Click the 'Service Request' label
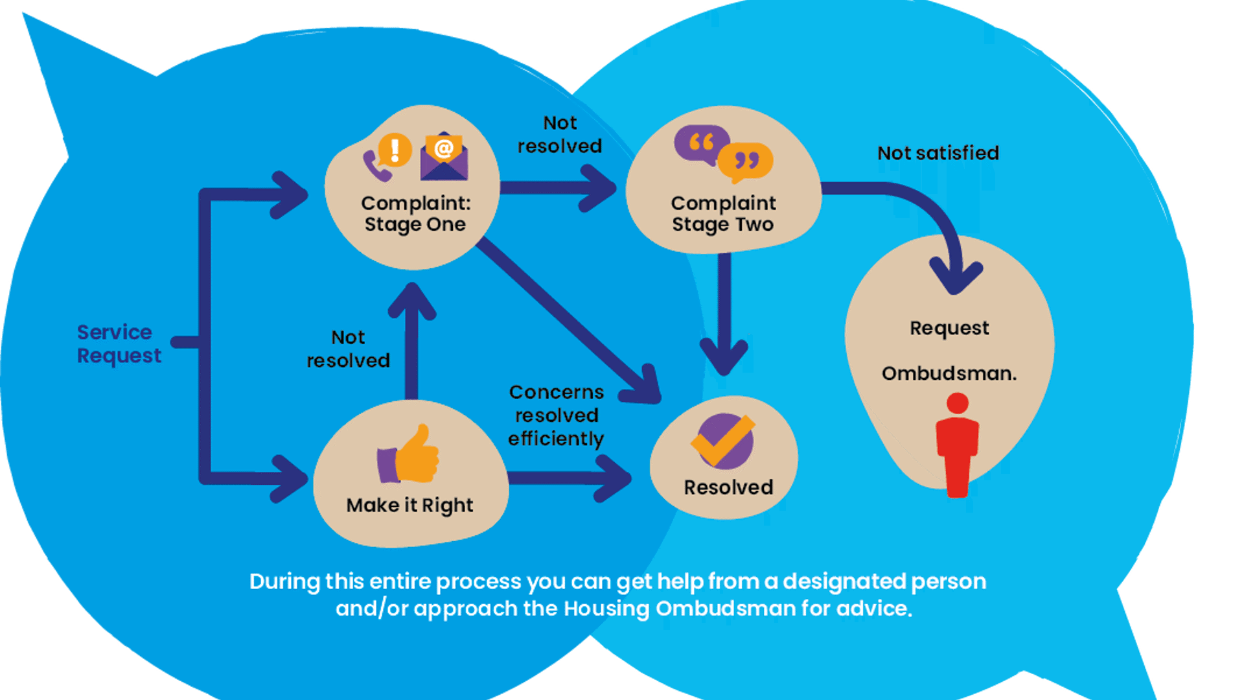pyautogui.click(x=119, y=344)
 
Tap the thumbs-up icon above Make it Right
pyautogui.click(x=408, y=454)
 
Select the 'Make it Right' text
pyautogui.click(x=409, y=505)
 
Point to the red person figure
pyautogui.click(x=958, y=445)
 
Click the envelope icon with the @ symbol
pyautogui.click(x=444, y=157)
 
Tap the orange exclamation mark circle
pyautogui.click(x=395, y=150)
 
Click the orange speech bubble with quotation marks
pyautogui.click(x=745, y=162)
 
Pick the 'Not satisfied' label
pyautogui.click(x=938, y=153)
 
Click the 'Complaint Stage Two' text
pyautogui.click(x=723, y=213)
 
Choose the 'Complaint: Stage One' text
pyautogui.click(x=415, y=213)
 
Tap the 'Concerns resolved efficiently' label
pyautogui.click(x=556, y=415)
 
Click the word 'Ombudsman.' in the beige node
pyautogui.click(x=949, y=373)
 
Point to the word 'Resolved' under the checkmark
pyautogui.click(x=728, y=487)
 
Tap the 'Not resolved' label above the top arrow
pyautogui.click(x=560, y=134)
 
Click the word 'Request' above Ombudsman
pyautogui.click(x=949, y=329)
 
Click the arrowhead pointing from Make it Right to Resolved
pyautogui.click(x=614, y=478)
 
